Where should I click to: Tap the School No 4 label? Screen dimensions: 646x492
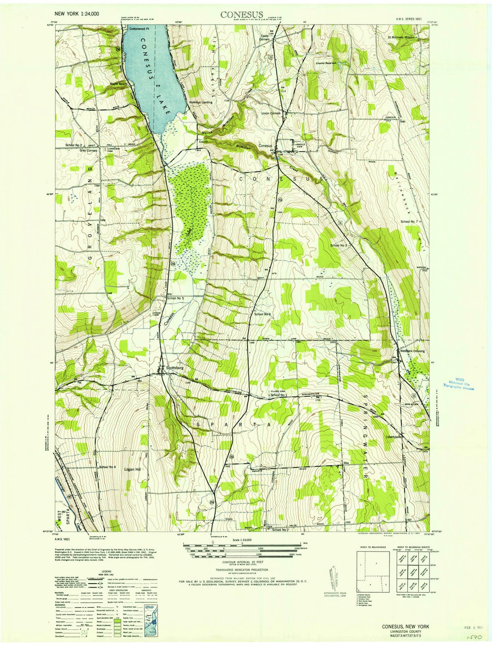coord(108,467)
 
